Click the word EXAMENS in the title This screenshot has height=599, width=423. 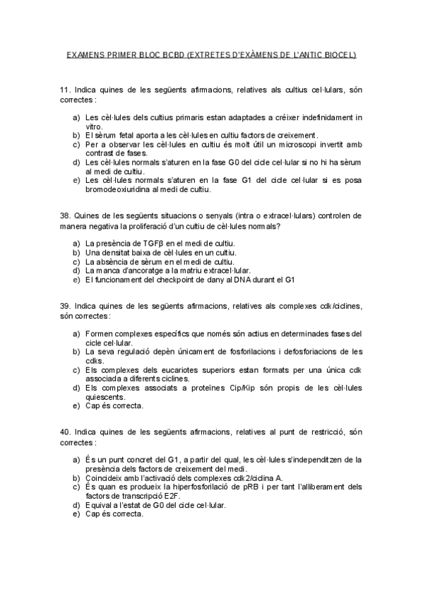(x=83, y=54)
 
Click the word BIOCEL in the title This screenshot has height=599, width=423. (x=340, y=54)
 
